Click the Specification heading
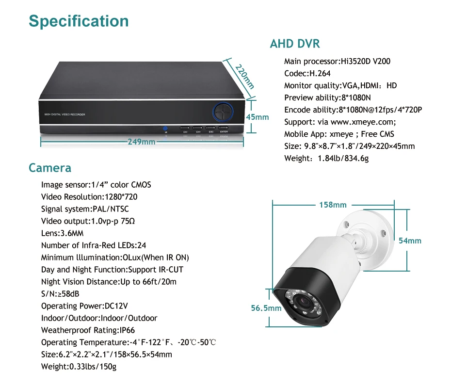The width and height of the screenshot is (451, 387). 79,21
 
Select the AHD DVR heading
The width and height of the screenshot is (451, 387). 295,44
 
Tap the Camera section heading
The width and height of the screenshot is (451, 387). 50,168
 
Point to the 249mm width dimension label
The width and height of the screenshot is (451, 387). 142,142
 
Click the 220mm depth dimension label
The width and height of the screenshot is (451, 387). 245,77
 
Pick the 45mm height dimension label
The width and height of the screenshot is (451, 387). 257,117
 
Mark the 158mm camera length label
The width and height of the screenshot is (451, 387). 333,205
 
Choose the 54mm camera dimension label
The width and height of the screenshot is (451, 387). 410,241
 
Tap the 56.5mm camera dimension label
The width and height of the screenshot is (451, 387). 266,308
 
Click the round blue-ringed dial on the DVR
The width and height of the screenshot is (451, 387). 223,112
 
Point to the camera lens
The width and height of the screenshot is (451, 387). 304,302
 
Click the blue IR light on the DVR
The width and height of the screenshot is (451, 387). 165,129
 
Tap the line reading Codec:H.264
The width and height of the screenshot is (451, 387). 307,73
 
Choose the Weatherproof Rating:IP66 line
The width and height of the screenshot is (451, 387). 88,330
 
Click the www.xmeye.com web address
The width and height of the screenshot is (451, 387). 363,122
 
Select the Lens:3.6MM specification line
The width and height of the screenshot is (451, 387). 63,233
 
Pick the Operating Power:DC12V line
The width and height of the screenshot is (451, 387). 84,306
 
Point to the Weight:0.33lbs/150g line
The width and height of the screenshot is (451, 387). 79,367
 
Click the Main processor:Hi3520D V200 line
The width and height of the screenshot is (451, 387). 338,61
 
